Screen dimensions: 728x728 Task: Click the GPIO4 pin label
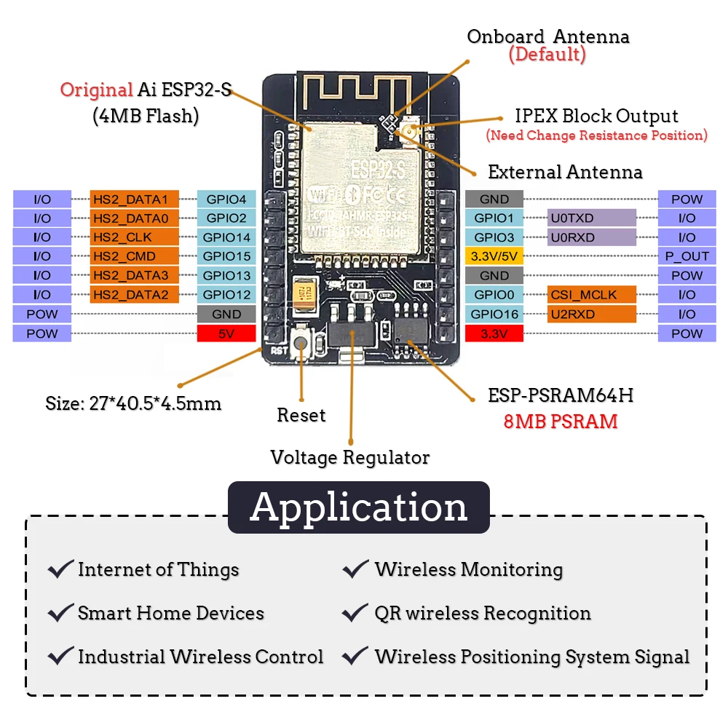[x=226, y=199]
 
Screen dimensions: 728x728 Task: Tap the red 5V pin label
[x=226, y=333]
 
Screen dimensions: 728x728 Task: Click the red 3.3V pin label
[x=494, y=333]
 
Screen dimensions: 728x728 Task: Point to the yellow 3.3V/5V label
[x=494, y=256]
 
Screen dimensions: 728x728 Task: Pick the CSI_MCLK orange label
[x=592, y=295]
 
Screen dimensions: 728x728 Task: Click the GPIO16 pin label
[x=494, y=314]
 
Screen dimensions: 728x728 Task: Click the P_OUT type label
[x=687, y=256]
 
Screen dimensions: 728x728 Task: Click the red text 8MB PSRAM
[x=561, y=421]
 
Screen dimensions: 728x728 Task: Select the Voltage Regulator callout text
[x=349, y=457]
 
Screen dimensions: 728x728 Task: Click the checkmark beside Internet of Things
[x=60, y=569]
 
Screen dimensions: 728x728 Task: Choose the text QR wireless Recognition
[x=482, y=613]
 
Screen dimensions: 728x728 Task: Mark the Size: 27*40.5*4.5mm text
[x=133, y=403]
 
